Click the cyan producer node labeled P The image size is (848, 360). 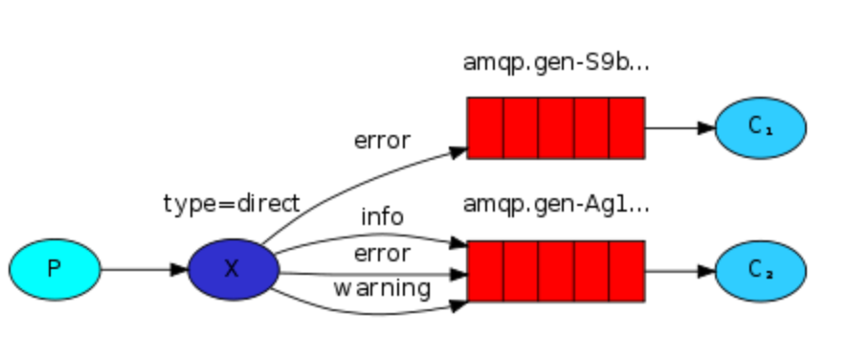tap(55, 269)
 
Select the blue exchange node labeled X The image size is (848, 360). tap(233, 269)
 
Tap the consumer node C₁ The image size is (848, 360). tap(761, 127)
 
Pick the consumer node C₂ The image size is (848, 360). tap(761, 270)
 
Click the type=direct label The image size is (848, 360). tap(232, 203)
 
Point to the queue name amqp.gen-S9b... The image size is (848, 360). tap(556, 63)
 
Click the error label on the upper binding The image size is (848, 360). tap(382, 141)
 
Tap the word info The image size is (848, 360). tap(382, 217)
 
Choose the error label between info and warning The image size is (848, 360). tap(382, 254)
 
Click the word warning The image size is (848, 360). tap(382, 287)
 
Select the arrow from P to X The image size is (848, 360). tap(144, 269)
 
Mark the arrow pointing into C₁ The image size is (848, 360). tap(680, 127)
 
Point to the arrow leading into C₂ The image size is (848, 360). tap(680, 270)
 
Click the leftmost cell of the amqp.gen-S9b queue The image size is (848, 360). tap(485, 127)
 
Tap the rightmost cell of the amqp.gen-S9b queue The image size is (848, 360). tap(626, 127)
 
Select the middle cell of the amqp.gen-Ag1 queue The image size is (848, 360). tap(556, 270)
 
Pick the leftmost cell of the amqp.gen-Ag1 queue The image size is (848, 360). tap(485, 270)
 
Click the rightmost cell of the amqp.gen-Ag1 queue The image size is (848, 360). tap(626, 270)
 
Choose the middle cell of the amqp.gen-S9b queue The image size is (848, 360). tap(556, 127)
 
